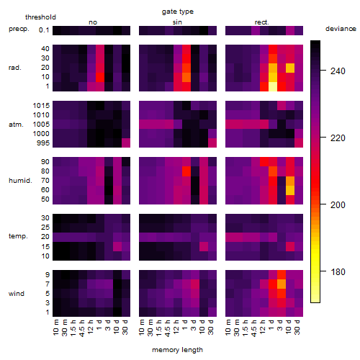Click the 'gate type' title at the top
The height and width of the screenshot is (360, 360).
(178, 12)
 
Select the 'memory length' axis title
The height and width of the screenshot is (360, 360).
(177, 350)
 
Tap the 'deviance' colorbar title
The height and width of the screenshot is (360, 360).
(341, 29)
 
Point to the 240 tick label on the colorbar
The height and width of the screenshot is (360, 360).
(338, 71)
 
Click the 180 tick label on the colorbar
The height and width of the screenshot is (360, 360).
(338, 272)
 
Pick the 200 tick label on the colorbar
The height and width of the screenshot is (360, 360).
(338, 205)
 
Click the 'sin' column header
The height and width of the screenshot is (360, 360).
(177, 22)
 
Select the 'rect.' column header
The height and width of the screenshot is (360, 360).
(262, 22)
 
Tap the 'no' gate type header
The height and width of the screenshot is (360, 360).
(93, 22)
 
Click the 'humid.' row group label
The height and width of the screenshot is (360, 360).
(20, 181)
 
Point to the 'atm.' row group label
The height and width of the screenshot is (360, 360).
(16, 125)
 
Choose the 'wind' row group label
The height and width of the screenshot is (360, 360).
(17, 294)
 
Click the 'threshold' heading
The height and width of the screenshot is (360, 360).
(40, 17)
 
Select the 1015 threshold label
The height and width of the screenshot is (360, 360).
(41, 106)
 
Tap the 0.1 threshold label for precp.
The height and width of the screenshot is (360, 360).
(44, 30)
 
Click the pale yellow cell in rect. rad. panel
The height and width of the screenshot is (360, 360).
(273, 86)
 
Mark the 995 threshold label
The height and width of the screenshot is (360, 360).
(43, 143)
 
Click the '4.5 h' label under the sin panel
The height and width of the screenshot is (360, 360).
(168, 328)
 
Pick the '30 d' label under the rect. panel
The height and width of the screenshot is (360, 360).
(297, 328)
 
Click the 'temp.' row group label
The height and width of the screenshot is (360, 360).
(18, 236)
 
